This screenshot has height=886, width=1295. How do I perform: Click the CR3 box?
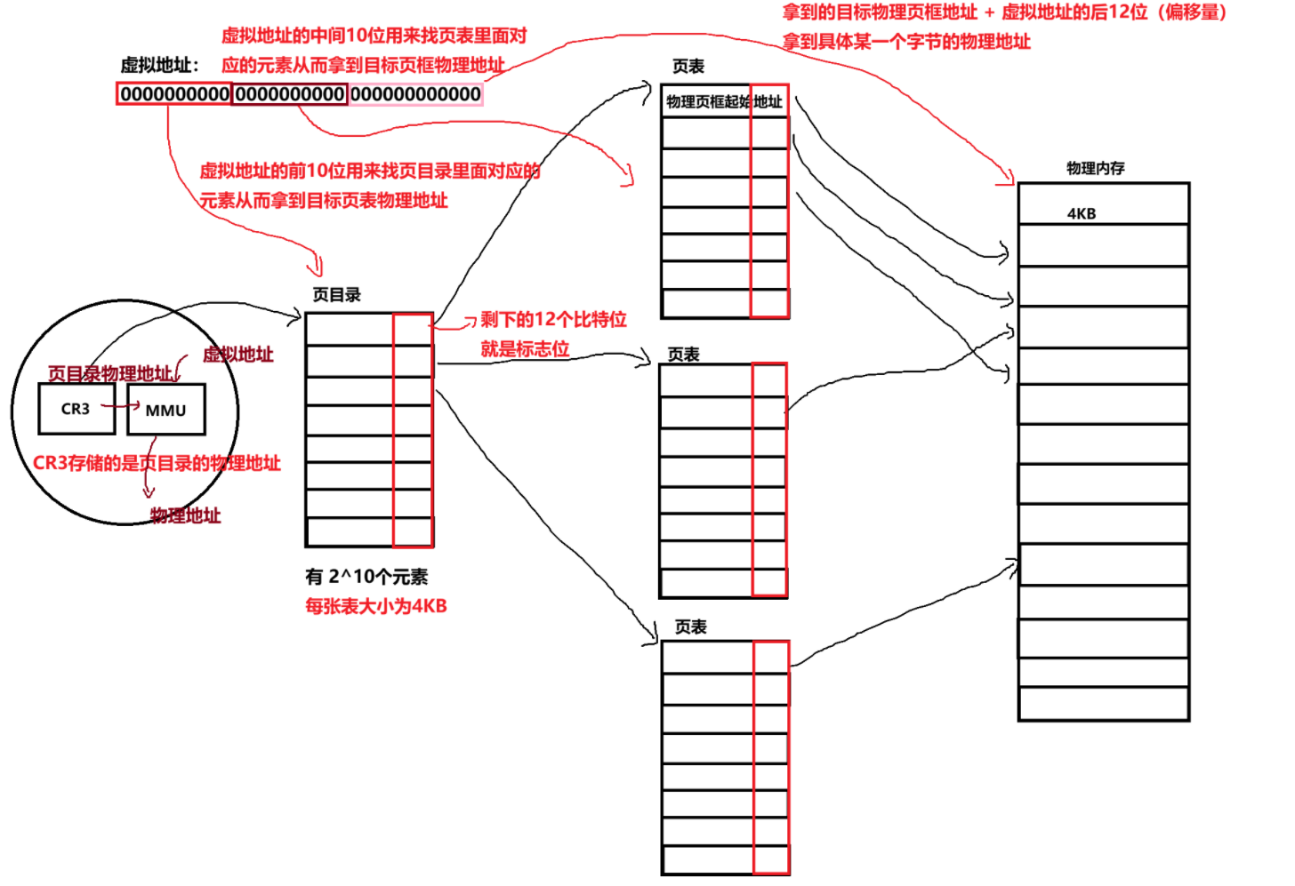pyautogui.click(x=76, y=409)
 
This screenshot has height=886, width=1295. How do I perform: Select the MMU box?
pyautogui.click(x=166, y=410)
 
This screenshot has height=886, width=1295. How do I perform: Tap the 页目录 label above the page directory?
pyautogui.click(x=337, y=295)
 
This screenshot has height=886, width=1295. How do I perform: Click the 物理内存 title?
pyautogui.click(x=1095, y=168)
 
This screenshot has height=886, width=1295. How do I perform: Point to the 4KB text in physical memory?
pyautogui.click(x=1082, y=213)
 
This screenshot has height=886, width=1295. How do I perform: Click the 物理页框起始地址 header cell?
pyautogui.click(x=724, y=101)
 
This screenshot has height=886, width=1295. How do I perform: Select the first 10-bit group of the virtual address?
pyautogui.click(x=174, y=94)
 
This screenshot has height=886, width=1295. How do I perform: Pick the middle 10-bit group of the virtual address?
pyautogui.click(x=289, y=94)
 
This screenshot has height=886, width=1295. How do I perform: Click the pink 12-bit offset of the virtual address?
pyautogui.click(x=415, y=94)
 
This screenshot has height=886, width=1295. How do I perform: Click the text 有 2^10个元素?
pyautogui.click(x=366, y=577)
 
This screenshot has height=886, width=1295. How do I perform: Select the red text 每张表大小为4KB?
pyautogui.click(x=375, y=606)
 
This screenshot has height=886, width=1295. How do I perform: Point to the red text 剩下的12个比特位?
pyautogui.click(x=553, y=319)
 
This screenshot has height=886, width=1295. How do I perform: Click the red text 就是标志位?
pyautogui.click(x=525, y=348)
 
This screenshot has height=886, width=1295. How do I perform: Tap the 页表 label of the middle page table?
pyautogui.click(x=683, y=355)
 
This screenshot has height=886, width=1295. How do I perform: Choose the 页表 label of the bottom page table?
pyautogui.click(x=690, y=627)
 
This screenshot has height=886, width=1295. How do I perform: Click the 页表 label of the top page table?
pyautogui.click(x=688, y=67)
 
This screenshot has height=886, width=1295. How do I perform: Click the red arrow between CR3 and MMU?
pyautogui.click(x=120, y=406)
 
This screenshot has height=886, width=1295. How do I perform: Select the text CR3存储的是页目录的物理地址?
pyautogui.click(x=157, y=463)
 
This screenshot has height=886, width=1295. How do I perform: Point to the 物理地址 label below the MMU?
pyautogui.click(x=185, y=515)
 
